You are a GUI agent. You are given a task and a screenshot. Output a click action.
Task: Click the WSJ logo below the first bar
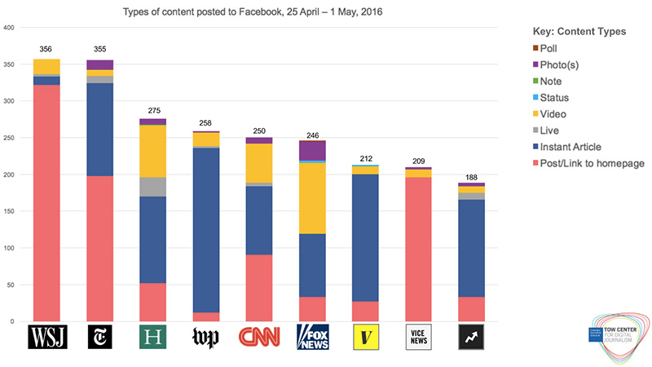click(46, 337)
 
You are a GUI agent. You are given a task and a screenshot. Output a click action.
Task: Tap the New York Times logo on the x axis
click(99, 337)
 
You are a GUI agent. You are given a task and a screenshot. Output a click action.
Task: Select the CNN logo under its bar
click(259, 337)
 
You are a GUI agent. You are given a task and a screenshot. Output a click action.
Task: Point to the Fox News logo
click(312, 337)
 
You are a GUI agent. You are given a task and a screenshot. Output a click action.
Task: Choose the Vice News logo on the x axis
click(419, 337)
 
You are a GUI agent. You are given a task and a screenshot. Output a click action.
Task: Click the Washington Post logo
click(206, 337)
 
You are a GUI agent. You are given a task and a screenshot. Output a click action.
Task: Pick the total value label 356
click(46, 50)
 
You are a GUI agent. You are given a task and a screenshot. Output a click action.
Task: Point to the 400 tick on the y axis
click(10, 29)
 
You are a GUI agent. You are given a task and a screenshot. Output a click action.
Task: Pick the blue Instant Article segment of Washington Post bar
click(206, 228)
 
